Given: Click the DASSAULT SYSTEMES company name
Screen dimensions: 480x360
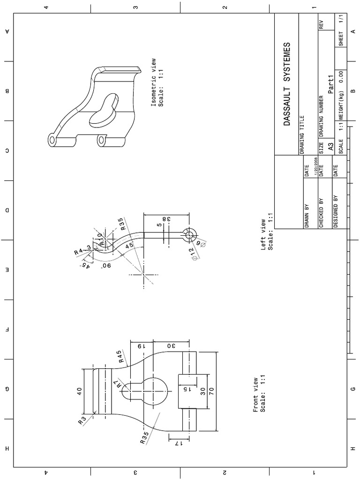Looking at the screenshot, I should [x=287, y=84].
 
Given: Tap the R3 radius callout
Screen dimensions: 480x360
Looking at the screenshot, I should [x=83, y=419].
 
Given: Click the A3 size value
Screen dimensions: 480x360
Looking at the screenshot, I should [x=330, y=147].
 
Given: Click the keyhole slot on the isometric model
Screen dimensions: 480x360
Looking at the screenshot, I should [x=104, y=110].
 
